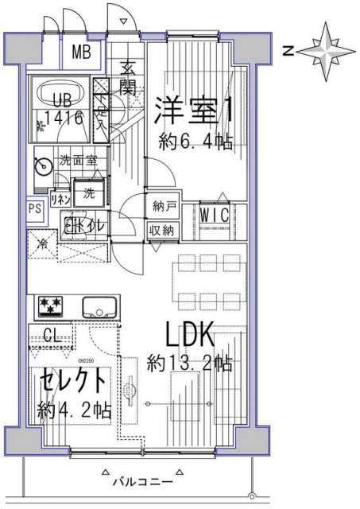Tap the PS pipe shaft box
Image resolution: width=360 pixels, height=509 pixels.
(34, 209)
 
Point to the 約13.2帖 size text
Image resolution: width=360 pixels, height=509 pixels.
(190, 364)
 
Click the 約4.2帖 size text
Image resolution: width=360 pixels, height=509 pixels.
(74, 411)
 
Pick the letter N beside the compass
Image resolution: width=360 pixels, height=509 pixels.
(290, 51)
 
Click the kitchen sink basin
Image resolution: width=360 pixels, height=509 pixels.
(99, 305)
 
